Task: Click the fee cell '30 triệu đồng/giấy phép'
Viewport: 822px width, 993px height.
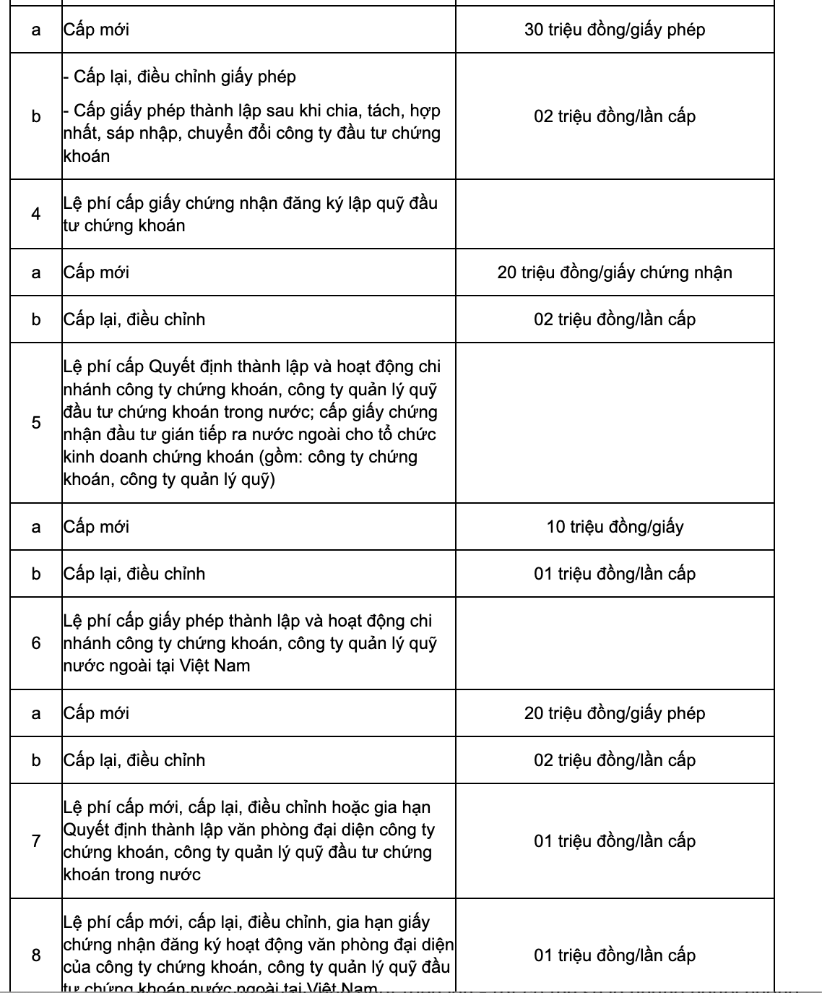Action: coord(614,30)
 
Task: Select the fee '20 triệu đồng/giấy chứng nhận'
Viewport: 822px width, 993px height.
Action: coord(614,272)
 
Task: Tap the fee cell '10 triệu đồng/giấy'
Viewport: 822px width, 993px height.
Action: coord(614,527)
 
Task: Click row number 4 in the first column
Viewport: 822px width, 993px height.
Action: coord(36,214)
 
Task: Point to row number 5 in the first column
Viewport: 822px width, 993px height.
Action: coord(36,423)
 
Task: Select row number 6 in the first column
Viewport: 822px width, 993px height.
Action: coord(36,643)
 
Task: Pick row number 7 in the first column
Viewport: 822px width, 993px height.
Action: coord(36,841)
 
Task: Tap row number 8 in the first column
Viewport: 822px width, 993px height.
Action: coord(36,955)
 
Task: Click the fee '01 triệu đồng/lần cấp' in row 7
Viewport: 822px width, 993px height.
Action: coord(614,841)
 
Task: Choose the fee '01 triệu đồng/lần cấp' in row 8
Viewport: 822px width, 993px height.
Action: coord(614,955)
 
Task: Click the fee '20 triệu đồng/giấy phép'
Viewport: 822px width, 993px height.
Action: coord(614,713)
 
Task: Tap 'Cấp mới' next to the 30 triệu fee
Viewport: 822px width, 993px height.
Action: coord(96,30)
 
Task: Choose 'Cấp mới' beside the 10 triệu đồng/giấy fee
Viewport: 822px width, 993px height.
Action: coord(96,527)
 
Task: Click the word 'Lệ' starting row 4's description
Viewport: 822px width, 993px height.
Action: coord(72,203)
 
